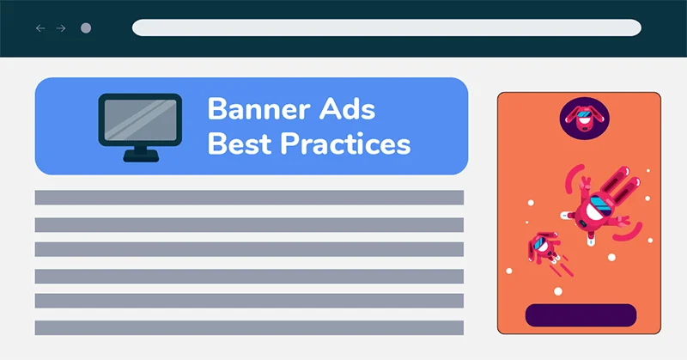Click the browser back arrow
pyautogui.click(x=40, y=28)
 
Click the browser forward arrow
pyautogui.click(x=61, y=28)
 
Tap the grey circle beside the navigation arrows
pyautogui.click(x=86, y=28)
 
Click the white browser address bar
pyautogui.click(x=386, y=27)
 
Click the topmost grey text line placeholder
pyautogui.click(x=249, y=198)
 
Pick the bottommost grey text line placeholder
pyautogui.click(x=249, y=327)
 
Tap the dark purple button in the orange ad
pyautogui.click(x=581, y=315)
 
